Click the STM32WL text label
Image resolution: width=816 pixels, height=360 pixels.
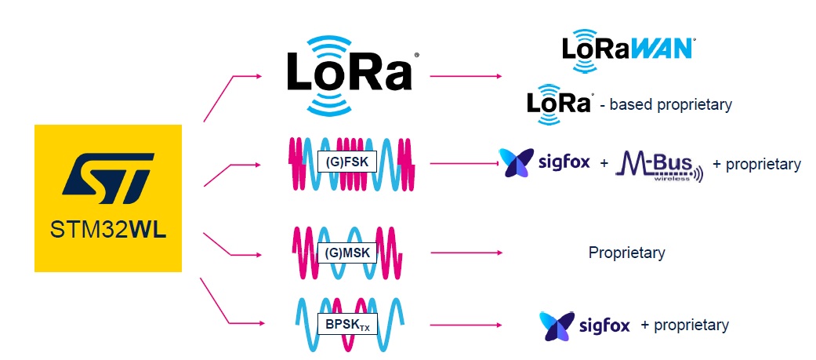coord(108,230)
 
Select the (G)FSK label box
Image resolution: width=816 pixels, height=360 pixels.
coord(346,162)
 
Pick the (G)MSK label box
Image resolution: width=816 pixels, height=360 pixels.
coord(346,253)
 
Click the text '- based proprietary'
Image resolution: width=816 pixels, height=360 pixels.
coord(665,105)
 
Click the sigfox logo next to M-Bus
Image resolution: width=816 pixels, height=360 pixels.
coord(544,162)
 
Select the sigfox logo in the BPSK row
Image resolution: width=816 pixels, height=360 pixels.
coord(585,325)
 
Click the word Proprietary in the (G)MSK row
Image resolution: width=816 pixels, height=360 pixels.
coord(626,253)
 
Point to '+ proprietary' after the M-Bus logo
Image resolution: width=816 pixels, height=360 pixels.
coord(756,164)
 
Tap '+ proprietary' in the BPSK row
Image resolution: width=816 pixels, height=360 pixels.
coord(685,325)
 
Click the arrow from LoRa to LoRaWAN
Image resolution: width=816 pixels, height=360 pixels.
coord(466,76)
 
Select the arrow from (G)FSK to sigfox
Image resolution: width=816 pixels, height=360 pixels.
coord(466,163)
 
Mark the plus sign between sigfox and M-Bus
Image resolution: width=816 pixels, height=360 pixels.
coord(604,163)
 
